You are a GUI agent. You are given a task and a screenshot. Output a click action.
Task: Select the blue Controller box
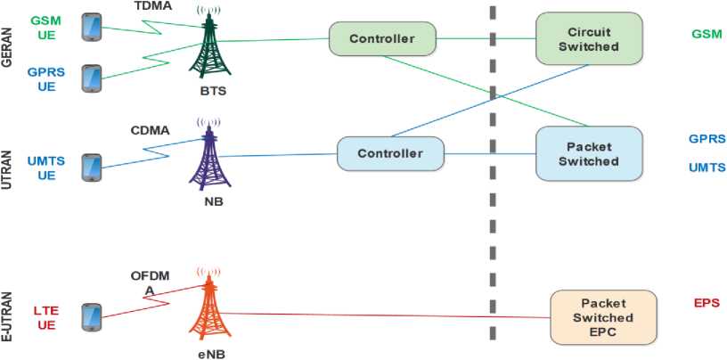[x=390, y=153]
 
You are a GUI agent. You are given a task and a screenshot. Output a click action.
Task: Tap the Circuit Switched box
[x=588, y=38]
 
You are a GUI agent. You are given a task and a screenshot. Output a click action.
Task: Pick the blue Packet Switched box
[x=588, y=153]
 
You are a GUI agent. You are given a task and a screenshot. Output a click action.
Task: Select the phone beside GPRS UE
[x=92, y=78]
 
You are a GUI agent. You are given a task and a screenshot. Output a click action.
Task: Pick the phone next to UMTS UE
[x=92, y=168]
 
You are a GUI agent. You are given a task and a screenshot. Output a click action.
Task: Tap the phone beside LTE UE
[x=92, y=317]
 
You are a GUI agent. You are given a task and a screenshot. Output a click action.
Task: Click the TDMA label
[x=153, y=6]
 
